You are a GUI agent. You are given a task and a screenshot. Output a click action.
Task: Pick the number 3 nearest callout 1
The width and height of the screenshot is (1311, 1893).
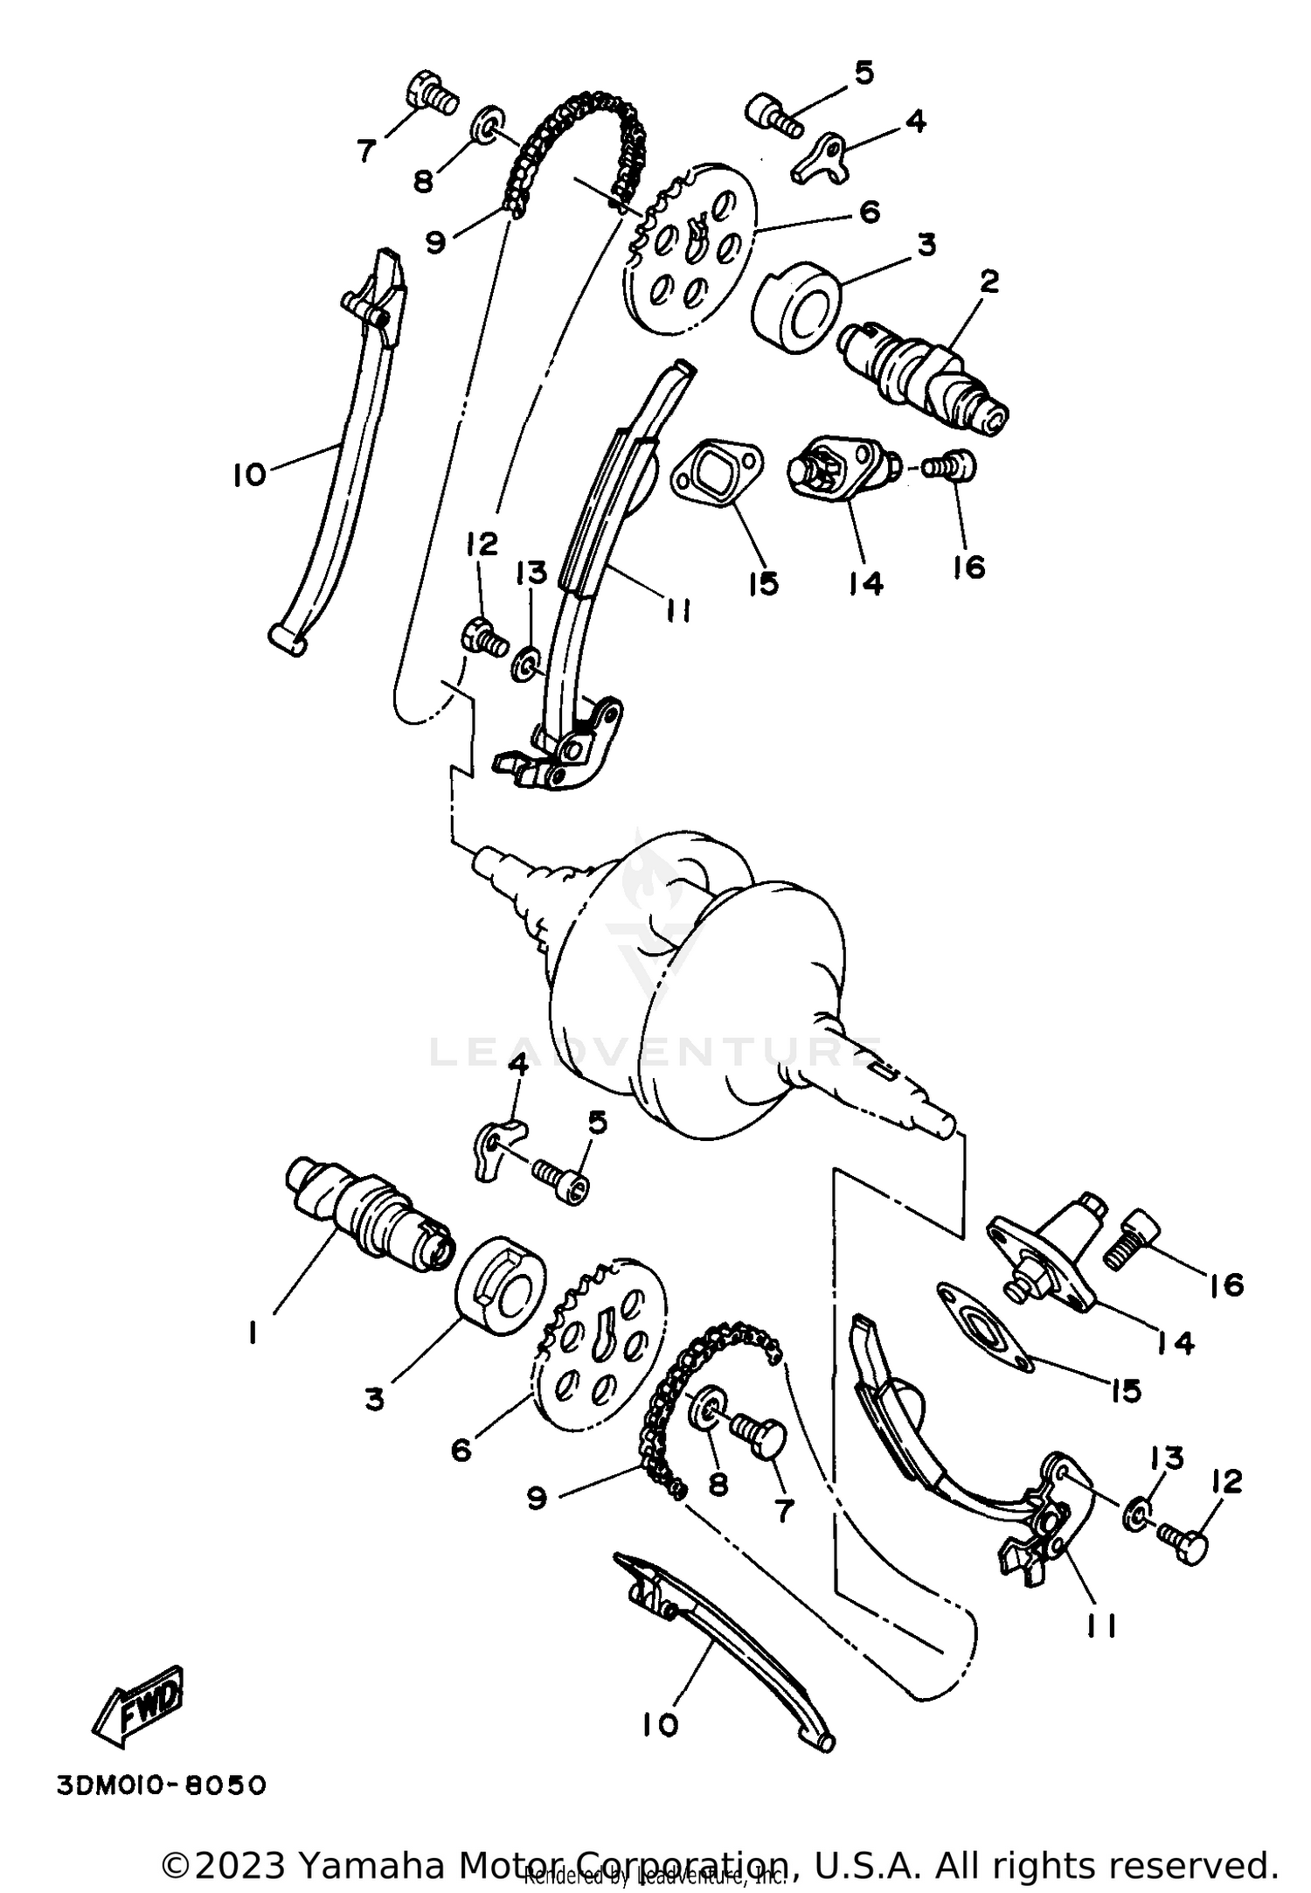coord(374,1399)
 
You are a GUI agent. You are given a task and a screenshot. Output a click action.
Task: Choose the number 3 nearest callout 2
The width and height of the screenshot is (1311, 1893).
coord(926,246)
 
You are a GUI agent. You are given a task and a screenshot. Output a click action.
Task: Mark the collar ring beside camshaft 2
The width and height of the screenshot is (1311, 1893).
coord(796,310)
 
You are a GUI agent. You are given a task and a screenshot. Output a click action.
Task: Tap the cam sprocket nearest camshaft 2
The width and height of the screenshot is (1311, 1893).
coord(690,247)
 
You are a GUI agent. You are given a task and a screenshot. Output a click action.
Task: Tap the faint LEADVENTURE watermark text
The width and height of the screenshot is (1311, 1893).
coord(655,1052)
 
